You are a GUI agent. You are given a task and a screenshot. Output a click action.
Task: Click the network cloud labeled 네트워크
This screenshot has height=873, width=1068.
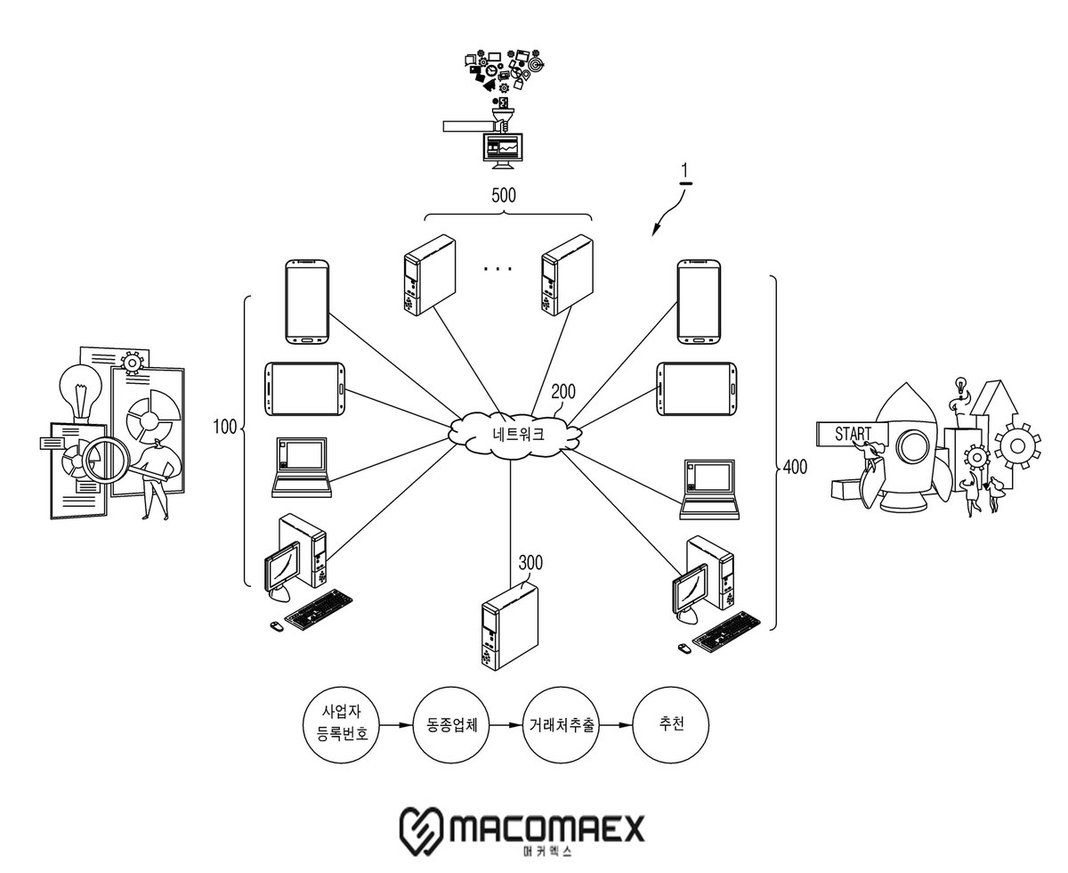pos(514,435)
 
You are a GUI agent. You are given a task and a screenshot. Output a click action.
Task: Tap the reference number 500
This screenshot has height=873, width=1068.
pos(504,195)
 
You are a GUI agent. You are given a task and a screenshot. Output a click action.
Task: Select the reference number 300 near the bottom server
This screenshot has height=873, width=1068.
pos(530,562)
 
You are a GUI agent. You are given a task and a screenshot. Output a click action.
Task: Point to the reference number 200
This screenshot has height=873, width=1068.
pos(563,391)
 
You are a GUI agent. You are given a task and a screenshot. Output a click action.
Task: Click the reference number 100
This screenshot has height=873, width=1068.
pos(224,427)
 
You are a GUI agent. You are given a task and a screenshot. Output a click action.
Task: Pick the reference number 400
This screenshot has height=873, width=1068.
pos(795,467)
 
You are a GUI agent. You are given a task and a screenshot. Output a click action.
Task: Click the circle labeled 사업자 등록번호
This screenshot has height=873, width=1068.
pos(341,724)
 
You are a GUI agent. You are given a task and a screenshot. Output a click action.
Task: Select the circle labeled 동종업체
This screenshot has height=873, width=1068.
pos(451,725)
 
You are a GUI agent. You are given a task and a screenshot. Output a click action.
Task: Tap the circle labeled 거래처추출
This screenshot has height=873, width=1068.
pos(561,725)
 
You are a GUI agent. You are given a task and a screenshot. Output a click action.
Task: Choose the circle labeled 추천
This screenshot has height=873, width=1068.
pos(670,724)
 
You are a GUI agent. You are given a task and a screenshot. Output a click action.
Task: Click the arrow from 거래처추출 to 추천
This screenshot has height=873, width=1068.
pos(616,725)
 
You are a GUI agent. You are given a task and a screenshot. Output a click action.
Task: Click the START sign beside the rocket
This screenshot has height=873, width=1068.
pos(853,434)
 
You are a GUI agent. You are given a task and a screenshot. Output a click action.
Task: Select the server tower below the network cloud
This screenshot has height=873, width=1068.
pos(509,626)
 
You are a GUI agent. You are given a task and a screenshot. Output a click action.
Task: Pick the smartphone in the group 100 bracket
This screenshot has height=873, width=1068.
pos(307,302)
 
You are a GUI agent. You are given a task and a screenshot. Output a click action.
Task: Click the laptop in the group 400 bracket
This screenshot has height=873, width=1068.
pos(709,490)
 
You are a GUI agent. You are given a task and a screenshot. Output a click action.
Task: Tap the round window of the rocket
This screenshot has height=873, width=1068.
pos(914,445)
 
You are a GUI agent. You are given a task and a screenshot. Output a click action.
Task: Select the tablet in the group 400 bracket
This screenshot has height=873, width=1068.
pos(696,389)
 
